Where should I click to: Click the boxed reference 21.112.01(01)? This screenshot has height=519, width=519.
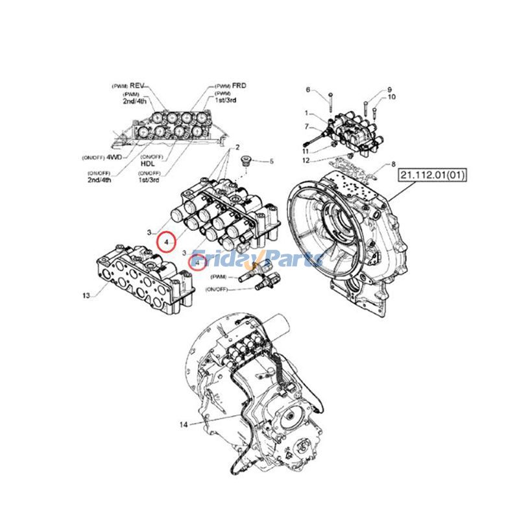(x=433, y=175)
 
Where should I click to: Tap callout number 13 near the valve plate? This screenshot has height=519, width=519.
(x=86, y=296)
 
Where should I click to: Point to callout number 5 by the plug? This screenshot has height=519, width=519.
(x=272, y=161)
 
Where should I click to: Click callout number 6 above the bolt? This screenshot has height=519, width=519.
(x=308, y=90)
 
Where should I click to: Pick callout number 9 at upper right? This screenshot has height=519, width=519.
(x=391, y=89)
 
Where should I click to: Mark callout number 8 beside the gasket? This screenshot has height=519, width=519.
(x=393, y=165)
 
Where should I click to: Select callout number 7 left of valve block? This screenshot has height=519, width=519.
(x=308, y=127)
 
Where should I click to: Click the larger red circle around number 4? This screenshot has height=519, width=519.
(x=167, y=241)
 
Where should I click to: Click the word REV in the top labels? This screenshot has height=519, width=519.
(x=136, y=86)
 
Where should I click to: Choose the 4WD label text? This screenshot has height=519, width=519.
(x=115, y=157)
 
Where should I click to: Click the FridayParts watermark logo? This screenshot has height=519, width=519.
(x=259, y=259)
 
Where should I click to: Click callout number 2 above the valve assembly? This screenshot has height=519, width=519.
(x=237, y=148)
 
